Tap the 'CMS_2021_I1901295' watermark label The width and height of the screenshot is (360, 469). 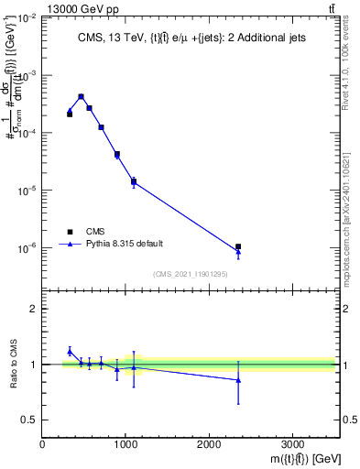click(191, 274)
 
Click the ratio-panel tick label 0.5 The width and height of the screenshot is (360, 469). click(29, 420)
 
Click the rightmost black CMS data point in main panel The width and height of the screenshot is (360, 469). click(238, 246)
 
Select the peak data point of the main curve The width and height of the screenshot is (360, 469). click(81, 96)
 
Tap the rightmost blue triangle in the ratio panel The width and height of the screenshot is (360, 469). click(238, 379)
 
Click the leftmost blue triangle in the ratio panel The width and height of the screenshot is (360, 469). click(70, 351)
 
